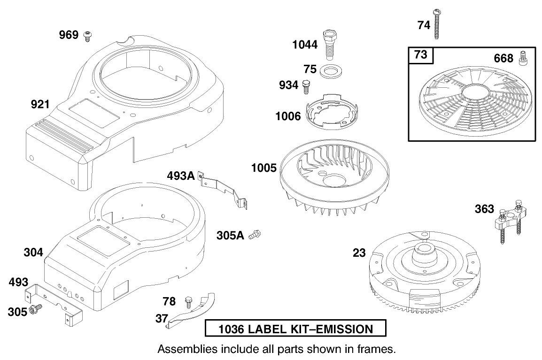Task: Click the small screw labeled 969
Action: tap(87, 36)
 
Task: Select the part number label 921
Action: tap(40, 104)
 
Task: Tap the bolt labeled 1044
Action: tap(329, 43)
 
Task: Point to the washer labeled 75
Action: tap(330, 71)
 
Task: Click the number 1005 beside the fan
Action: tap(263, 168)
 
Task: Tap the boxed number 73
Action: tap(421, 55)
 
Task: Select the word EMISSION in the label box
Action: tap(340, 329)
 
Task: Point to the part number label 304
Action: tap(33, 253)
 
